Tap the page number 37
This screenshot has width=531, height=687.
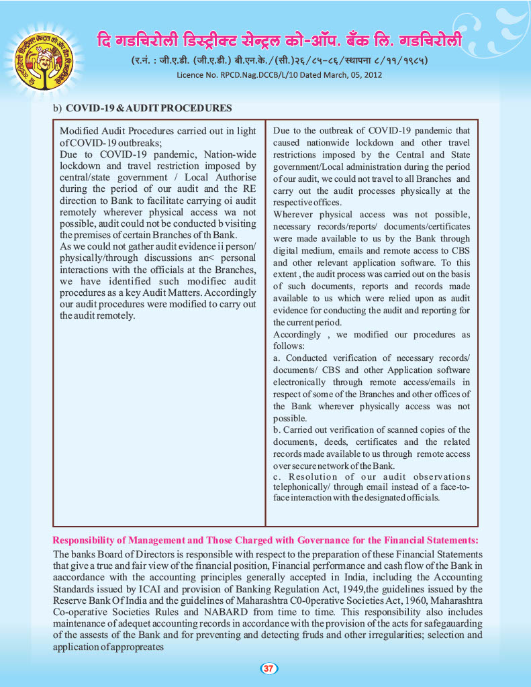click(268, 668)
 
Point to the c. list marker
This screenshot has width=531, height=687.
click(277, 476)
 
